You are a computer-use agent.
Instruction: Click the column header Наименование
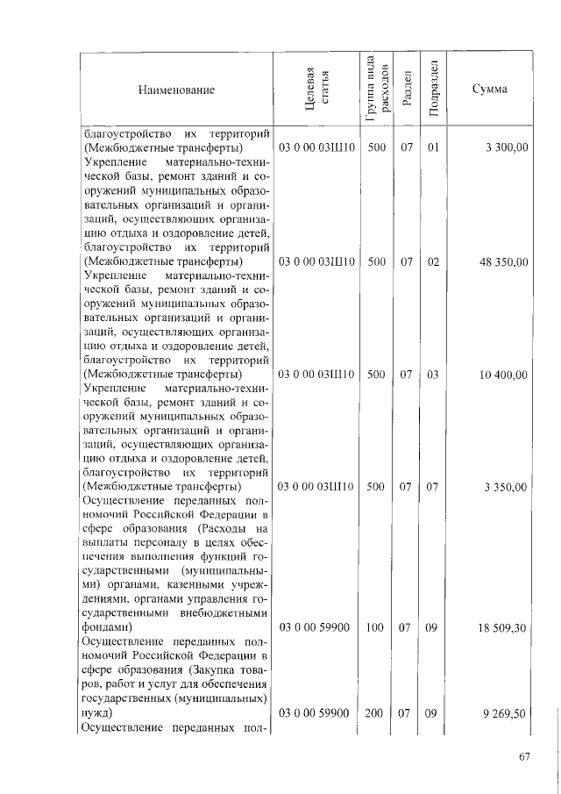click(175, 89)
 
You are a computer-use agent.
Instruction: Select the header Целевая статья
click(316, 89)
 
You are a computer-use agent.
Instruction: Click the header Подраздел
click(431, 89)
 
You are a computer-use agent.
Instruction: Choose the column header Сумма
click(489, 89)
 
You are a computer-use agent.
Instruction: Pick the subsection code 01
click(431, 147)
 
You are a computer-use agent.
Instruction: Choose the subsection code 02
click(431, 261)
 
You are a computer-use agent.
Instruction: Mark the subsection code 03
click(431, 375)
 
